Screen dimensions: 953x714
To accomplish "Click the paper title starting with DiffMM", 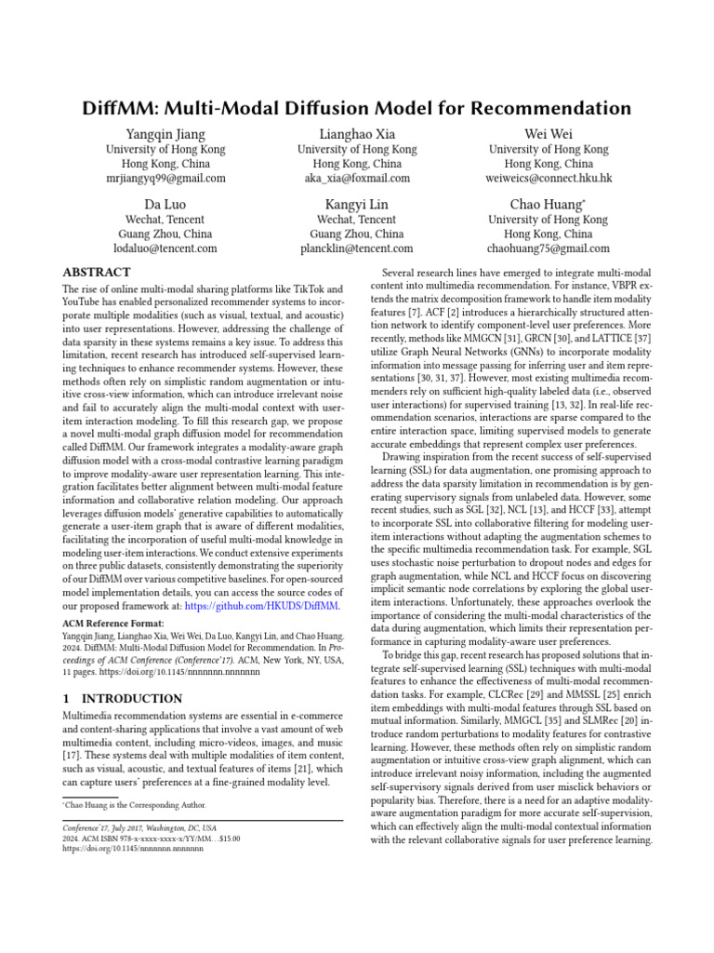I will [357, 105].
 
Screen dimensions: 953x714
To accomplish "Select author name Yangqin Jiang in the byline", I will [165, 134].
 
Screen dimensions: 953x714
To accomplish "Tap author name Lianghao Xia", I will [357, 134].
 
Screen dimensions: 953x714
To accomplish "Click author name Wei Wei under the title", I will [549, 134].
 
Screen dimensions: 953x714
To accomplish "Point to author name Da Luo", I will [165, 205].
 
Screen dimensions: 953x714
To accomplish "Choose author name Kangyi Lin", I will [357, 205].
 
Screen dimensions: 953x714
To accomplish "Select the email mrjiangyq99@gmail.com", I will [165, 179].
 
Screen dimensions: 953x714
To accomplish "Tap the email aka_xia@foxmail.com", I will [357, 179].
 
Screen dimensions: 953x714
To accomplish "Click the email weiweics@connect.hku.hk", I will [549, 179].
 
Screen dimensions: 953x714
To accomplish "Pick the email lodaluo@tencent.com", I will [165, 249].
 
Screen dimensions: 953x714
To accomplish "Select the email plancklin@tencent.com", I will [357, 249].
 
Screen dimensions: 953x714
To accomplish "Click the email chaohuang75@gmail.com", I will [549, 249].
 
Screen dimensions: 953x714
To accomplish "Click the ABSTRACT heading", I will [96, 273].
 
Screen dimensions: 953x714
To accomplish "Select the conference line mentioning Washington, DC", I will [139, 827].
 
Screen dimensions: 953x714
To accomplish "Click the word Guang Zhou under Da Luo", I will [141, 235].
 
